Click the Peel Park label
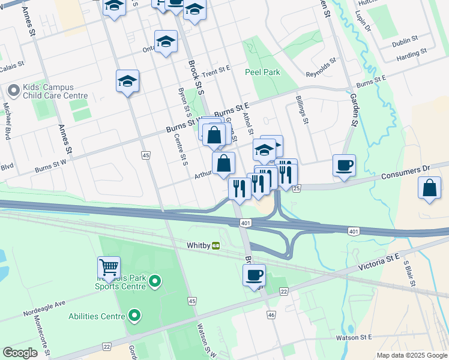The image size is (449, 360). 262,72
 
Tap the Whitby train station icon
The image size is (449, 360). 215,245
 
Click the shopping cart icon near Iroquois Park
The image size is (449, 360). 109,267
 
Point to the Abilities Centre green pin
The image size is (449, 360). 134,316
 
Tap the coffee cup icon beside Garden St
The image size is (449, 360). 344,165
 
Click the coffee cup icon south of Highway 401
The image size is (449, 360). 254,275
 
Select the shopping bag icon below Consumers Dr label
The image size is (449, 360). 430,188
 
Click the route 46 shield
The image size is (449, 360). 271,314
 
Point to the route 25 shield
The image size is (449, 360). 297,188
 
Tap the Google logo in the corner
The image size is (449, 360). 20,352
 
